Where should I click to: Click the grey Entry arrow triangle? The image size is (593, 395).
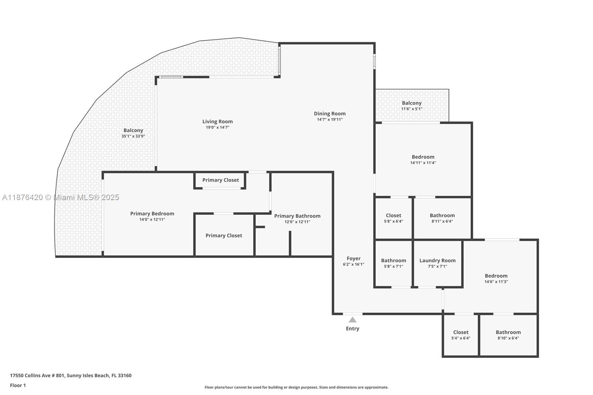[x=352, y=320]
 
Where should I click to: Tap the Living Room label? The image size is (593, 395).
[x=218, y=122]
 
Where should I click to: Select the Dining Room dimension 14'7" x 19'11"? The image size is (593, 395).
[x=329, y=120]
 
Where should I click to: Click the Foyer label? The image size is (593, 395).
[x=354, y=259]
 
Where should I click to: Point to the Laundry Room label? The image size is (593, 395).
[x=437, y=260]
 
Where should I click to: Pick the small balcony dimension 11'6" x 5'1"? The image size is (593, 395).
[x=411, y=109]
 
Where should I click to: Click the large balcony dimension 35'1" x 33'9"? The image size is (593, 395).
[x=133, y=136]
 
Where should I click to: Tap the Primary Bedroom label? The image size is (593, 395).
[x=152, y=213]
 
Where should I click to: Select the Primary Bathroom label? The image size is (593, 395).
[x=297, y=216]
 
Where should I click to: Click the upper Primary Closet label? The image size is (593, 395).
[x=221, y=180]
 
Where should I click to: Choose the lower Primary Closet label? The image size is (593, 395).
[x=224, y=236]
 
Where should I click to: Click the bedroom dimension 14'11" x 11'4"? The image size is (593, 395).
[x=423, y=163]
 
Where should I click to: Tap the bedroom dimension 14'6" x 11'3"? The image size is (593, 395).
[x=496, y=282]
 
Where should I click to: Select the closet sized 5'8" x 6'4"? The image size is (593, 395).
[x=393, y=218]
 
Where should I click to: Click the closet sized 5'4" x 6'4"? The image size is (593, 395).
[x=461, y=335]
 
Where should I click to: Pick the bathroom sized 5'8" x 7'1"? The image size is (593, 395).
[x=393, y=263]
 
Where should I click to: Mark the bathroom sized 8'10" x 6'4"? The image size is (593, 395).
[x=508, y=335]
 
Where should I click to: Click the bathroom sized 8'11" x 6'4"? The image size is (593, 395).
[x=442, y=218]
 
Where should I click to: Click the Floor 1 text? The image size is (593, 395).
[x=18, y=385]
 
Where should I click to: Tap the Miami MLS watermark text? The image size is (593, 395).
[x=60, y=197]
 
